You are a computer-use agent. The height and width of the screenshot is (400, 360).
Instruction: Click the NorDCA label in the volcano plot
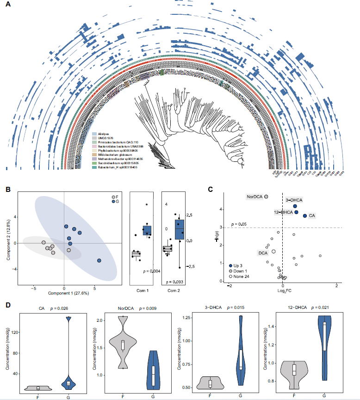(x=255, y=197)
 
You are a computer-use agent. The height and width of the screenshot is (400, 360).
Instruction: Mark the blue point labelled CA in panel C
(x=304, y=215)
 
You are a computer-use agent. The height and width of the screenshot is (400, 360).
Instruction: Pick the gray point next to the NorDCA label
(x=266, y=197)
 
